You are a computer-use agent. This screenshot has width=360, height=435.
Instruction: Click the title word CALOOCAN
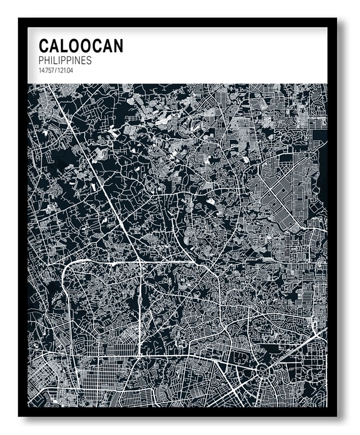81,46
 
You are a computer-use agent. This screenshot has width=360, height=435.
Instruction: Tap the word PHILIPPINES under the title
65,60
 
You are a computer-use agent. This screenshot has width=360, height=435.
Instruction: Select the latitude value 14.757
46,70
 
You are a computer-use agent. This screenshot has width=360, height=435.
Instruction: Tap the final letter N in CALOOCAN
118,46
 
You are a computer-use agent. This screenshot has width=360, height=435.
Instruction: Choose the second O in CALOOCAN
86,46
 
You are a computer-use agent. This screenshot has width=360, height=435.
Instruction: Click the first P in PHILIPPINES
41,60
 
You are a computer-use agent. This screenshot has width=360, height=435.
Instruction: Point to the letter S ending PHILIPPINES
89,60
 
